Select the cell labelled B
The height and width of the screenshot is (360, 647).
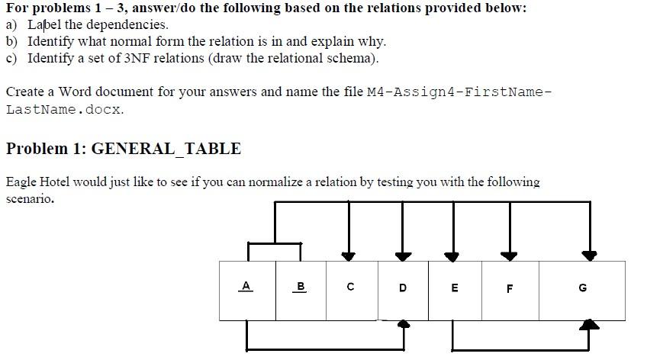pos(301,287)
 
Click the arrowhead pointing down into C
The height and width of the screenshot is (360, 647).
pos(349,256)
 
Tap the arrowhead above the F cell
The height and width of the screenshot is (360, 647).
pos(508,256)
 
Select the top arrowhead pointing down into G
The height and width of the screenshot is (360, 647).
pos(589,256)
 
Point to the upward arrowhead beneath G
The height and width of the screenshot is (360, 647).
pos(590,325)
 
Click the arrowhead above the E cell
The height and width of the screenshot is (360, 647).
pos(452,256)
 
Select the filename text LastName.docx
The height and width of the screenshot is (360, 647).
pos(64,109)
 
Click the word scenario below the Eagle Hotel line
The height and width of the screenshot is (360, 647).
pos(30,198)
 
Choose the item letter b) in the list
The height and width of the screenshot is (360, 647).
pos(12,41)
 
